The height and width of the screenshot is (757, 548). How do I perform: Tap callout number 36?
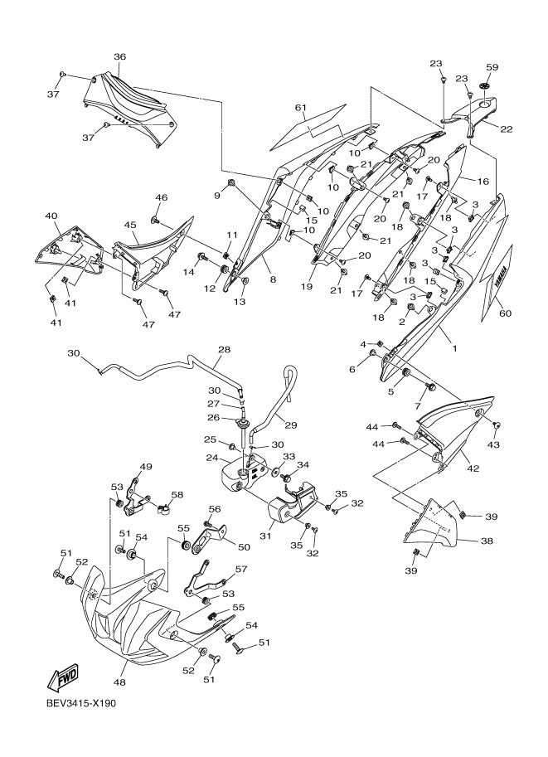119,57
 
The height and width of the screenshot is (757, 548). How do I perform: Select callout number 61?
300,107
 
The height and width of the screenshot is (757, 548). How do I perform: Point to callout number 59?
491,67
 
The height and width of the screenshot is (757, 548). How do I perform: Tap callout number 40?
51,216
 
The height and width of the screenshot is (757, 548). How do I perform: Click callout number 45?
130,225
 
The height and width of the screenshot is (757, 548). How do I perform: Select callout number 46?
161,197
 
